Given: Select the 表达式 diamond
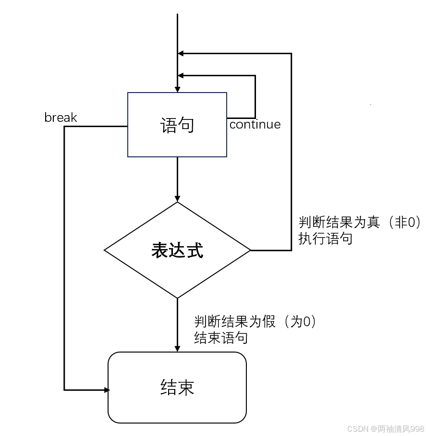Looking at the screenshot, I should point(177,269).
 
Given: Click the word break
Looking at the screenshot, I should point(61,118).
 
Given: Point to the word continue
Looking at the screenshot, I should point(255,125).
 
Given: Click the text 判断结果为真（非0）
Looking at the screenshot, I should point(360,223).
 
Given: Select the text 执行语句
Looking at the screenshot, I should point(326,238).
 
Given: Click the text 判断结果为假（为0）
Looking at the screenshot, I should point(256,322).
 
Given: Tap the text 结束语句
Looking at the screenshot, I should point(221,338).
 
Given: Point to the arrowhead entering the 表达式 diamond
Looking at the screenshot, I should point(177,198).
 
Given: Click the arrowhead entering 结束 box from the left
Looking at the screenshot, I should point(107,390).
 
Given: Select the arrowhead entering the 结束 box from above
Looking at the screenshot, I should point(177,348).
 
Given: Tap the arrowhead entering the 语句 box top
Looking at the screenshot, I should point(177,89).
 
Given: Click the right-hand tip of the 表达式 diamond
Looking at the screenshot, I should point(250,250).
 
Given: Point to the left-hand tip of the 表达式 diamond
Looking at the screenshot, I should point(105,250).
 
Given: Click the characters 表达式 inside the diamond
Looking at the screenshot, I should point(177,250).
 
